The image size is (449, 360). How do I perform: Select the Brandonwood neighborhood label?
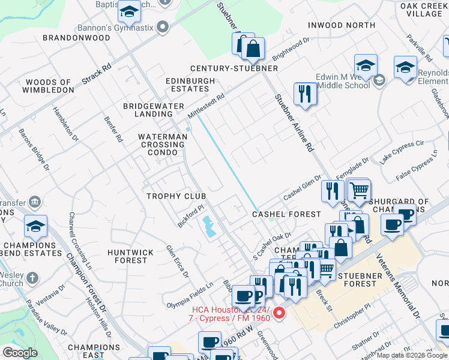(x=76, y=38)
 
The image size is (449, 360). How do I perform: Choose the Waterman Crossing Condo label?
(x=163, y=145)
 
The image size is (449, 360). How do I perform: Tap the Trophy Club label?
(x=176, y=196)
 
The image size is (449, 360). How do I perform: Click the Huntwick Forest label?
(x=130, y=256)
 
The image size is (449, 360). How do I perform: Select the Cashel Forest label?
(x=286, y=214)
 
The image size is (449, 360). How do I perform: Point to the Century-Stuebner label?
(x=234, y=68)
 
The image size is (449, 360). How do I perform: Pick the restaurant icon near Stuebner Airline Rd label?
(x=305, y=94)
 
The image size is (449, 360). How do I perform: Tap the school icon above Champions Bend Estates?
(x=35, y=227)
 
